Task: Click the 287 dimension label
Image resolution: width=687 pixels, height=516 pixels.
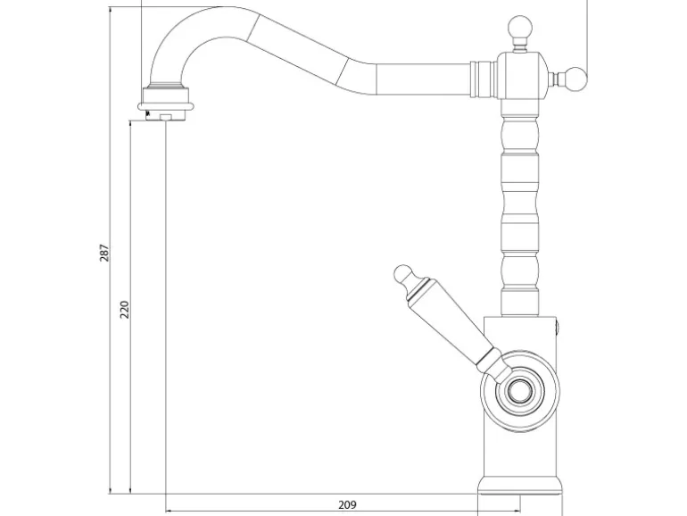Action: point(104,253)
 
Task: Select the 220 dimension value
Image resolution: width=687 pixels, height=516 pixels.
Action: point(125,310)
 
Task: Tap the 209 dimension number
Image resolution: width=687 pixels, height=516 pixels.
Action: point(347,505)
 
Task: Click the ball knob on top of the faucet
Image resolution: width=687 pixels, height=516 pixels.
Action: point(519,29)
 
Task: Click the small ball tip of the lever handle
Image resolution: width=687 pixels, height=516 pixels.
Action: point(402,274)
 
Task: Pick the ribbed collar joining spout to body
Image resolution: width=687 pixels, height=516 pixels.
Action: point(483,79)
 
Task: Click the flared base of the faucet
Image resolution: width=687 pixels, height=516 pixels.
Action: point(519,486)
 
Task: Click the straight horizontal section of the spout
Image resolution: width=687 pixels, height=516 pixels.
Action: point(423,79)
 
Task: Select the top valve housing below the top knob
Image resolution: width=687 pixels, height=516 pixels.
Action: point(521,77)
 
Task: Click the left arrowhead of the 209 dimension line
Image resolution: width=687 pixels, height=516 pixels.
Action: point(169,511)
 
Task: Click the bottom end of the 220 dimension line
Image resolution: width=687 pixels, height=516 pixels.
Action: point(130,493)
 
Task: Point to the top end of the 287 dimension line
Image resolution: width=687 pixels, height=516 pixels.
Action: point(110,7)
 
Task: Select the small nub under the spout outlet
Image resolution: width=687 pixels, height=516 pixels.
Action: point(166,117)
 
